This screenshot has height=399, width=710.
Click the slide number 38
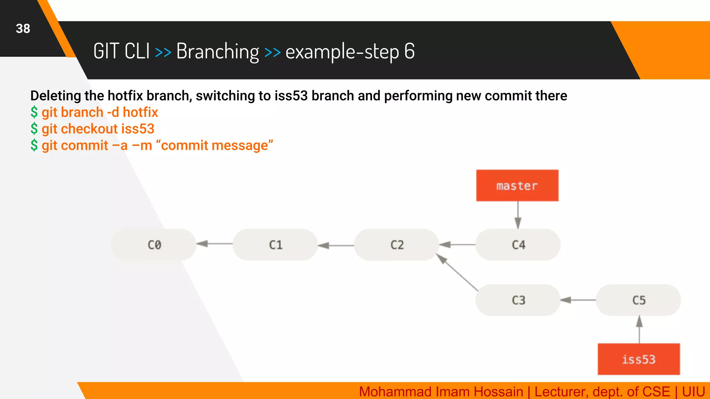coord(23,29)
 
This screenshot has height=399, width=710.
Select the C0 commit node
coord(154,245)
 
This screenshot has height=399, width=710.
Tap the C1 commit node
coord(275,245)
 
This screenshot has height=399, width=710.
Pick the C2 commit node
coord(397,245)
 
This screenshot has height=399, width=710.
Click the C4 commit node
coord(518,245)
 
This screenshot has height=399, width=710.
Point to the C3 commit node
coord(518,300)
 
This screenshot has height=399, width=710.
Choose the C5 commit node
coord(639,300)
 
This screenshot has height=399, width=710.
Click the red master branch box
coord(517,186)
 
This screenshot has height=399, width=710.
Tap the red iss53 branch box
coord(639,359)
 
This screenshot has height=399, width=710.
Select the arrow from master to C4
coord(518,215)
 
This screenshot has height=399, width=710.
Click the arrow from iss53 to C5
coord(639,329)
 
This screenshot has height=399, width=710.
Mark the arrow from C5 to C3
coord(578,300)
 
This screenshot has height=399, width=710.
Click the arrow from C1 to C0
coord(214,244)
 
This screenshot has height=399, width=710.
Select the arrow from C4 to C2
coord(457,245)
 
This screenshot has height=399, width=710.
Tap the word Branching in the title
coord(217,52)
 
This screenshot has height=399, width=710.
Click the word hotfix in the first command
coord(140,112)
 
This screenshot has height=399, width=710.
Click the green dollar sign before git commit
coord(34,145)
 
